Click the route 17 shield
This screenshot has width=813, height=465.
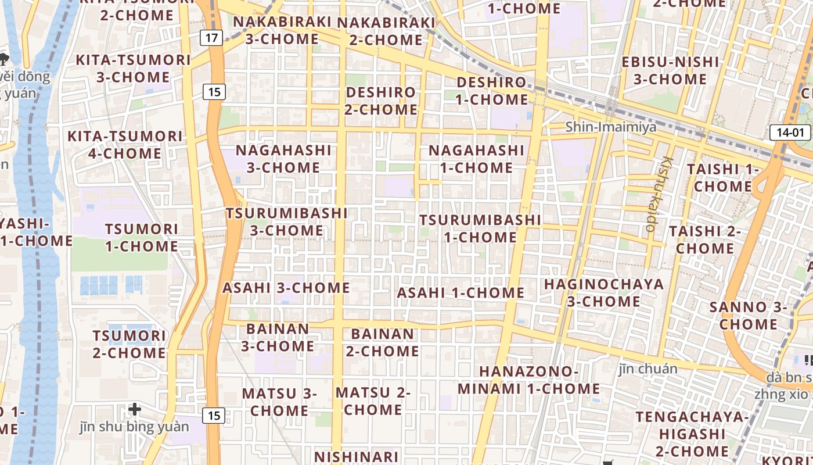[x=212, y=38]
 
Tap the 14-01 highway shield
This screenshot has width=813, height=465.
[x=790, y=133]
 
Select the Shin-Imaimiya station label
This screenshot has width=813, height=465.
[x=610, y=127]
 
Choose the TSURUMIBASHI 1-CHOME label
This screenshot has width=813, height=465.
[x=480, y=228]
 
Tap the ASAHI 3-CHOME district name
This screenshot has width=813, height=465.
[x=286, y=288]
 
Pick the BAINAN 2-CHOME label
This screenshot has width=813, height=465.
[x=383, y=342]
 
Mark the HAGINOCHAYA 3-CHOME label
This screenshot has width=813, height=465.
[x=604, y=293]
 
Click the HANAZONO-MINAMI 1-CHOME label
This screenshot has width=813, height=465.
[x=529, y=380]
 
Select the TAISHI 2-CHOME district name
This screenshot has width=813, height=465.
[x=705, y=239]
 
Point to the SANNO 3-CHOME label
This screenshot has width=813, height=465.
[x=748, y=315]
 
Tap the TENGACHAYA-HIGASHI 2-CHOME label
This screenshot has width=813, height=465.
[x=692, y=434]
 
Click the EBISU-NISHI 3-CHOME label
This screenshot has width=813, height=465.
[x=670, y=70]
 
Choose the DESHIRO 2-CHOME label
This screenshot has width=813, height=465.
[x=381, y=101]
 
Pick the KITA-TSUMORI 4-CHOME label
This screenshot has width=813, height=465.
[x=125, y=145]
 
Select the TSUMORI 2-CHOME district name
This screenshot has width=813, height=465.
[x=129, y=344]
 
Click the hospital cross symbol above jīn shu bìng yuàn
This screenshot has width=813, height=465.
[x=135, y=409]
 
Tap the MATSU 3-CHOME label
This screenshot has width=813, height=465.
[x=279, y=402]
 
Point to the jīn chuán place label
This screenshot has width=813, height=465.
[x=647, y=369]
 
